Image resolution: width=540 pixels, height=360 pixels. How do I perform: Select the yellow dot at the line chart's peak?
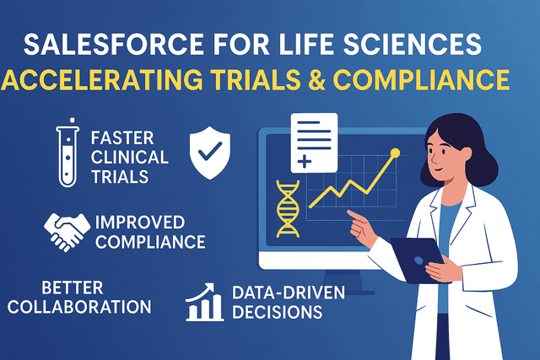(x=395, y=153)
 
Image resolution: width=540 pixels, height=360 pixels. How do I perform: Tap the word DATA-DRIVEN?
(x=278, y=293)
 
